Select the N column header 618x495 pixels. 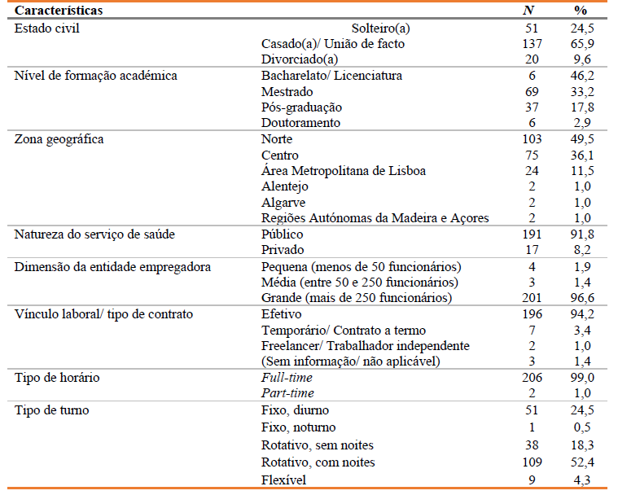pos(528,11)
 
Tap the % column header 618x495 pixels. pos(580,11)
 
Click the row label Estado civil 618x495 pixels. pos(46,28)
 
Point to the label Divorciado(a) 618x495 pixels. pos(299,59)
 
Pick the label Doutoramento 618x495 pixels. pos(300,123)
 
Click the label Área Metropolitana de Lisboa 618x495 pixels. pos(343,171)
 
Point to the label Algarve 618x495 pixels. pos(284,203)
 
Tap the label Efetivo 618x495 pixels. pos(281,314)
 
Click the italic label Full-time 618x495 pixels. pos(287,379)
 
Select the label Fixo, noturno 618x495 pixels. pos(298,427)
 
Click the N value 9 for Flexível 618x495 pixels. pos(531,480)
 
